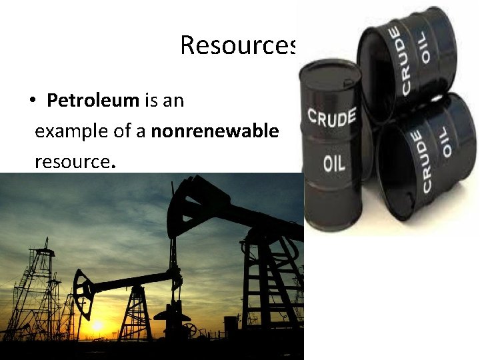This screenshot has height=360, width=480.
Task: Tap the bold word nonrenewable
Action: [215, 131]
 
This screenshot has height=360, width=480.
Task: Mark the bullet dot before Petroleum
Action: [32, 102]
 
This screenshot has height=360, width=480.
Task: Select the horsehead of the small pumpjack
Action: [83, 288]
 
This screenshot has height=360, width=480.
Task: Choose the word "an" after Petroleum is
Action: [173, 101]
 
